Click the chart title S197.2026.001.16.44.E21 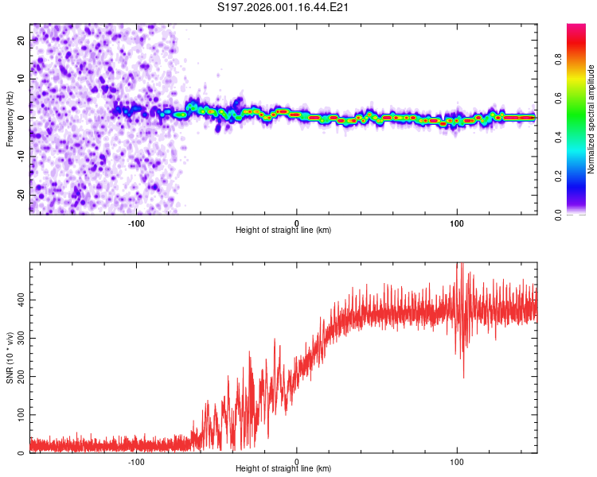coord(284,7)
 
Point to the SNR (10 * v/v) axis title coord(10,358)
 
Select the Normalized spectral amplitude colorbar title coord(591,119)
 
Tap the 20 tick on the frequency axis coord(21,40)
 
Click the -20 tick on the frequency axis coord(20,195)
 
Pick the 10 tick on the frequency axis coord(21,79)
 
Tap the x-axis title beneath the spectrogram coord(283,231)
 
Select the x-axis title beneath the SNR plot coord(283,469)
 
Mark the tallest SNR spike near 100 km coord(458,266)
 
